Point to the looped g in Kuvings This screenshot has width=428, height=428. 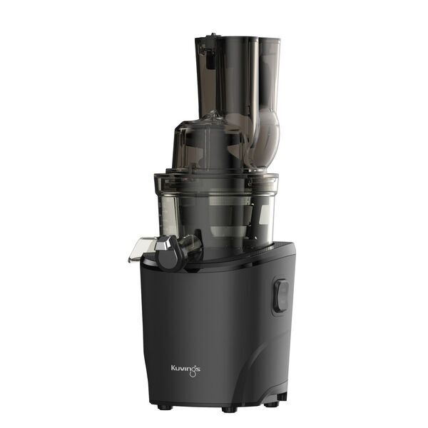(x=195, y=370)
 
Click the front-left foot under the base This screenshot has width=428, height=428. (x=165, y=407)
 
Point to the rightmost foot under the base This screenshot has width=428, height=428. (x=271, y=404)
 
